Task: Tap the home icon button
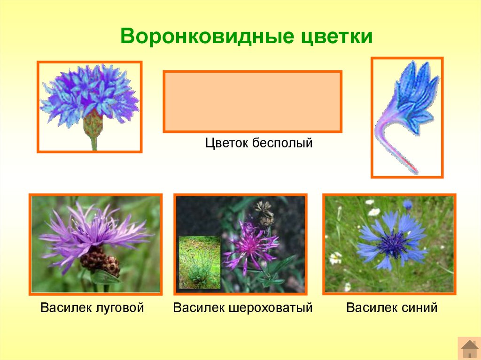click(x=469, y=348)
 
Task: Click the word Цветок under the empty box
click(x=226, y=143)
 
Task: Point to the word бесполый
click(x=282, y=143)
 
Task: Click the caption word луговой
click(x=120, y=307)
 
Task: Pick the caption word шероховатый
click(x=271, y=307)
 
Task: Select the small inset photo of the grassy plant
click(x=199, y=262)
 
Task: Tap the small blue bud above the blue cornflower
click(x=407, y=205)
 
